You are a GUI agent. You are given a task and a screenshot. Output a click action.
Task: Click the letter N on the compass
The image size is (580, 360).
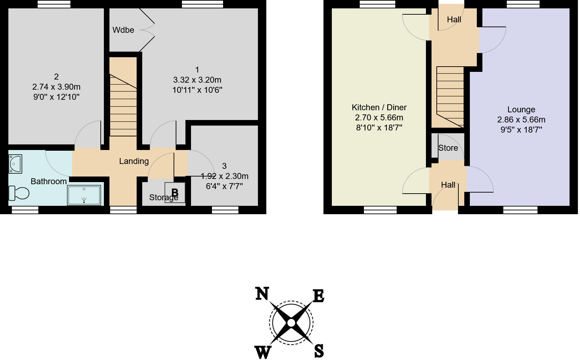click(262, 294)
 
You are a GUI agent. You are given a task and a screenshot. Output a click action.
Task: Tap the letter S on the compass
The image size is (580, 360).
click(319, 351)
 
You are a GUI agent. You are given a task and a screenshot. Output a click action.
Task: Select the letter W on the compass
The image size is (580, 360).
click(264, 352)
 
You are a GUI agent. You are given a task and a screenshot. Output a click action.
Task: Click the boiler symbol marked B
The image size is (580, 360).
click(175, 193)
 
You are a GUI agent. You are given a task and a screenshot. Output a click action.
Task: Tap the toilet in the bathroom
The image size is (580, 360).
click(19, 193)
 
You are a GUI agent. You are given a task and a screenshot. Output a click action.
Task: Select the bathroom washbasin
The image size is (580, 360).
click(15, 164)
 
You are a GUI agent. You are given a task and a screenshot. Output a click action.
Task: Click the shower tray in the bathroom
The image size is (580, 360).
click(84, 195)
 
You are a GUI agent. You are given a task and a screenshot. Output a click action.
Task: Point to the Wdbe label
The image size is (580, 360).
click(123, 30)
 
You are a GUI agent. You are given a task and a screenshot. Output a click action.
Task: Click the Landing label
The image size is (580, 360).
click(134, 161)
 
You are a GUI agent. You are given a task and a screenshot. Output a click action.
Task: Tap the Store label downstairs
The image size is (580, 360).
click(448, 148)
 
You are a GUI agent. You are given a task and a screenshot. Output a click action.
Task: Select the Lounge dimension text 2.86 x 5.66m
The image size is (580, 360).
click(521, 120)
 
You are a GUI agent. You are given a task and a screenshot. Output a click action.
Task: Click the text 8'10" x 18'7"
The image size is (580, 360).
click(379, 128)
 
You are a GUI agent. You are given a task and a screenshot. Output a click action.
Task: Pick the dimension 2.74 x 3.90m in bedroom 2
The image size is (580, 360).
click(56, 87)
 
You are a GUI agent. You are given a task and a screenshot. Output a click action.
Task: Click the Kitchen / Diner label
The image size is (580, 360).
click(379, 107)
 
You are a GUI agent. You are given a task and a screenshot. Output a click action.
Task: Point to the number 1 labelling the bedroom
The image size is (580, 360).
click(197, 70)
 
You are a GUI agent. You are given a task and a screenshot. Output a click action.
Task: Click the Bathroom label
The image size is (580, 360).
click(48, 181)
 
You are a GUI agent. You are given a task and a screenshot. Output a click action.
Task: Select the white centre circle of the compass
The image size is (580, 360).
click(291, 323)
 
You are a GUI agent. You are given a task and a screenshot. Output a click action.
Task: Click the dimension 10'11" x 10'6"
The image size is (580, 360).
click(197, 90)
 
